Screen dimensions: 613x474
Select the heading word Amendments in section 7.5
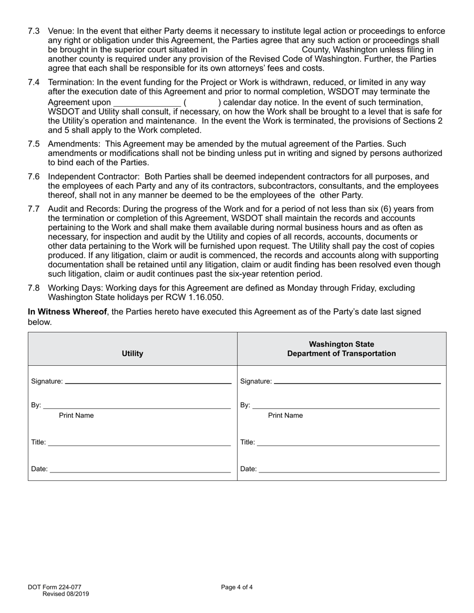(71, 144)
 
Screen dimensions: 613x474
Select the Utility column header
(132, 354)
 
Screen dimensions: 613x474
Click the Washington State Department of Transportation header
(341, 349)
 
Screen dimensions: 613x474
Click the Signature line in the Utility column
(148, 382)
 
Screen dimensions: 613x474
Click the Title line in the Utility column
(139, 443)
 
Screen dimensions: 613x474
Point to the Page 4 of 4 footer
(237, 587)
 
